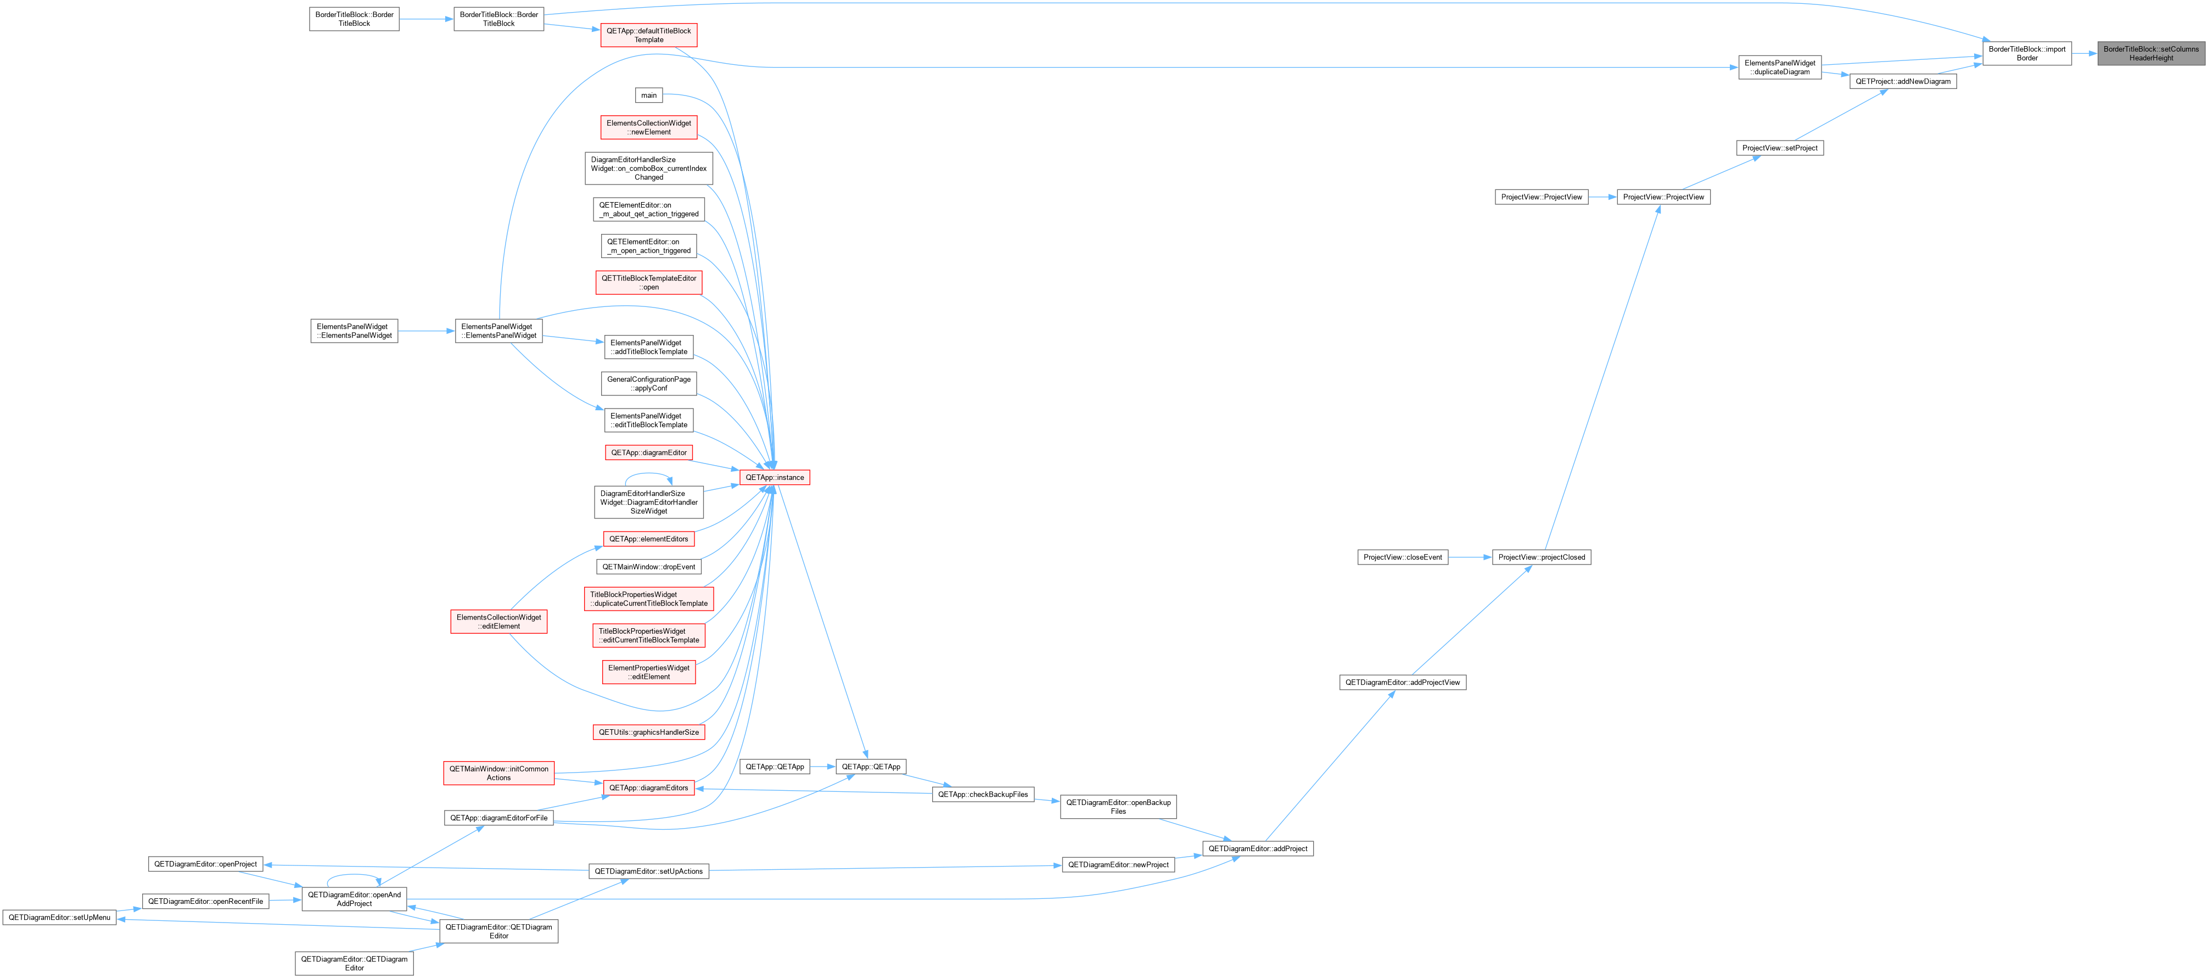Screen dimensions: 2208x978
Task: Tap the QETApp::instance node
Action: [x=774, y=477]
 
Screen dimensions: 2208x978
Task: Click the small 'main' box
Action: [x=649, y=95]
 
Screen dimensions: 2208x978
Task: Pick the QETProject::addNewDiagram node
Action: [x=1903, y=81]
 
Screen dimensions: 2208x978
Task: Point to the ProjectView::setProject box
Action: [x=1779, y=148]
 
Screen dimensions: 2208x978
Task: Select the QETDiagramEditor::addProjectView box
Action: [x=1402, y=682]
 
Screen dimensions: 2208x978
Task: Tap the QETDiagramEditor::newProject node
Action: [x=1118, y=865]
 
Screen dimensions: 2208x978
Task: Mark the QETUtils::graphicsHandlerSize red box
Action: [x=649, y=732]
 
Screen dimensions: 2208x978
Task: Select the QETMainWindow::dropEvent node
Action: [x=649, y=567]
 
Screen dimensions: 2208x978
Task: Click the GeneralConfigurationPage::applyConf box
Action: [x=649, y=383]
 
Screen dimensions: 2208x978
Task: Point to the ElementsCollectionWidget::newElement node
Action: [x=649, y=128]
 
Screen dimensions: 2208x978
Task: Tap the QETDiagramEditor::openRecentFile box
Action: [x=206, y=901]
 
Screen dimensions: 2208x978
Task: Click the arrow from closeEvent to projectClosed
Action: [x=1470, y=557]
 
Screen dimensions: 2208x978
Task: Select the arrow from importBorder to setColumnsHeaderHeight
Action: [x=2084, y=53]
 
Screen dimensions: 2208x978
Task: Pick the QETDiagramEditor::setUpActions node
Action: [x=649, y=871]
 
